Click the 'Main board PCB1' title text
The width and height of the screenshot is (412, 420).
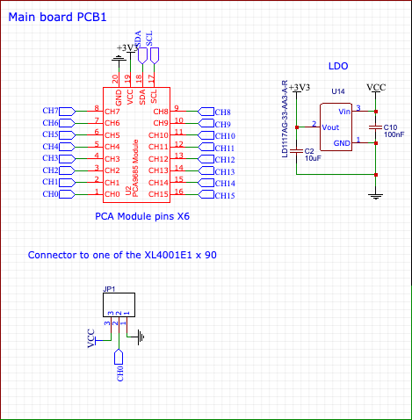point(58,17)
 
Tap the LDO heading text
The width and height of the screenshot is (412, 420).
point(338,66)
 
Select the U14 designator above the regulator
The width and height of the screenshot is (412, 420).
point(337,91)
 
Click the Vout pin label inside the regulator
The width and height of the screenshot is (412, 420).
point(331,127)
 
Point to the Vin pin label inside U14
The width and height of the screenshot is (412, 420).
point(343,112)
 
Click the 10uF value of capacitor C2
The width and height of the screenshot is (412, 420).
point(313,159)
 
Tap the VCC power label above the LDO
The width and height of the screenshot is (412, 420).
point(376,88)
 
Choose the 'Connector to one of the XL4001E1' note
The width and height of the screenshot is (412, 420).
point(122,255)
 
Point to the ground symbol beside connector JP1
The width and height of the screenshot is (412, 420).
point(139,334)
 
